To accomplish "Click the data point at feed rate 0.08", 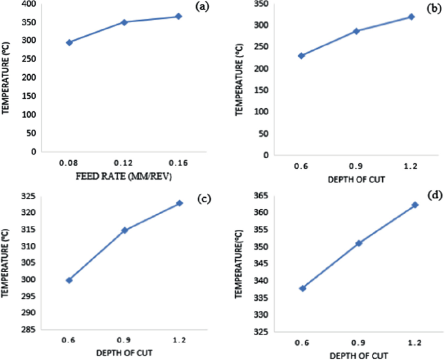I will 69,42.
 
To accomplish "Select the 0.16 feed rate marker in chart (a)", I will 178,16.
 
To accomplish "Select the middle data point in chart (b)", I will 356,31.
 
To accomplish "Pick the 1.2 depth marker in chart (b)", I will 411,16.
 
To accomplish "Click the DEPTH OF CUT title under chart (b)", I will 355,179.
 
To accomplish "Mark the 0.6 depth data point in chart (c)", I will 69,280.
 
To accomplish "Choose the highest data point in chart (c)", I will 180,203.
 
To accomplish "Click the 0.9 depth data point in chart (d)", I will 358,243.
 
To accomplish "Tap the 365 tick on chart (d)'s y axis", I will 259,195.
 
